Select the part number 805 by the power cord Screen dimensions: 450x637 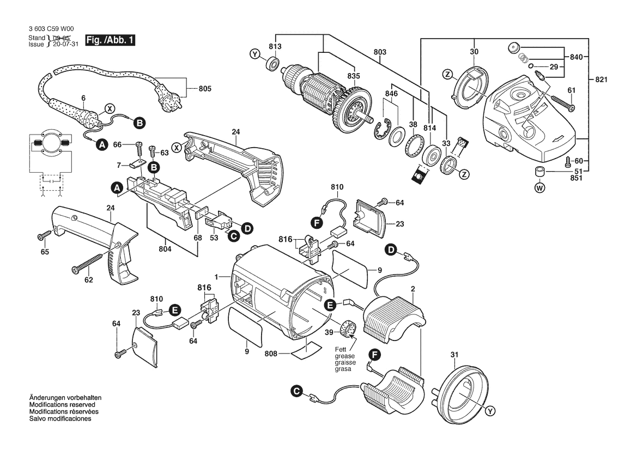pyautogui.click(x=205, y=88)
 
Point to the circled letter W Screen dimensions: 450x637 pyautogui.click(x=540, y=189)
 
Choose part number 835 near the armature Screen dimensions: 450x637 pyautogui.click(x=354, y=77)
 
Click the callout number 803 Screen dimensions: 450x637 pyautogui.click(x=380, y=52)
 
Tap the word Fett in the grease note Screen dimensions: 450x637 pyautogui.click(x=341, y=349)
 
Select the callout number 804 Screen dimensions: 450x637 pyautogui.click(x=165, y=248)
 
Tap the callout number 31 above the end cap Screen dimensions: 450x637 pyautogui.click(x=455, y=356)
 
